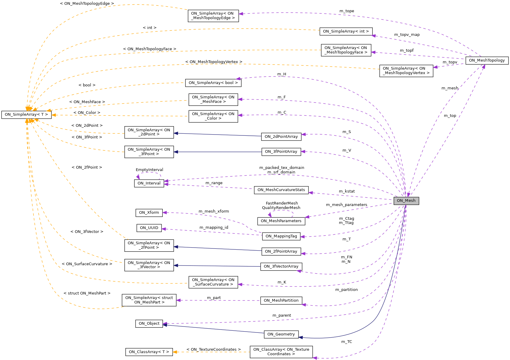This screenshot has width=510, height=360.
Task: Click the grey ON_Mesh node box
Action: click(406, 201)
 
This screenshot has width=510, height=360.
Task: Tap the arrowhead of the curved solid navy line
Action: click(301, 337)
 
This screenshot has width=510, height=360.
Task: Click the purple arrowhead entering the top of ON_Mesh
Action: click(408, 195)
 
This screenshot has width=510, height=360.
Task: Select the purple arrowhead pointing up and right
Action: click(484, 66)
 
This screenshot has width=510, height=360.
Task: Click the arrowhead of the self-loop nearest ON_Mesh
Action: click(270, 215)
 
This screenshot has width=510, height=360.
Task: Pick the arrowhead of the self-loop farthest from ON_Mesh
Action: click(138, 177)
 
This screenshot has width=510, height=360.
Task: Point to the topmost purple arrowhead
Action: click(240, 13)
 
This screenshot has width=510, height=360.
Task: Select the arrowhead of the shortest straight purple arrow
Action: click(435, 67)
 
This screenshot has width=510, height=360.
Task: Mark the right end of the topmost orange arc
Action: click(187, 10)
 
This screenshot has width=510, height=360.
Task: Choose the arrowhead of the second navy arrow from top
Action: click(176, 152)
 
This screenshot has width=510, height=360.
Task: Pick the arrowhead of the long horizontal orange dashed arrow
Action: click(54, 115)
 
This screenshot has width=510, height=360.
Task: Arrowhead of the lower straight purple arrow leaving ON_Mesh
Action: click(307, 217)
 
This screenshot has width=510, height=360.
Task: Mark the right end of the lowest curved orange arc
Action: click(126, 306)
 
